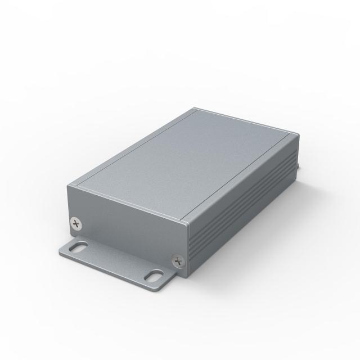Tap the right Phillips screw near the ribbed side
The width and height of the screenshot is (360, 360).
coord(179,260)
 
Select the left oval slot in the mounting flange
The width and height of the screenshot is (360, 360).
coord(80,246)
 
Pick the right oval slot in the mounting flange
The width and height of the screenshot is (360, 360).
coord(154,276)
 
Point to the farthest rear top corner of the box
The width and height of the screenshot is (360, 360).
coord(193,109)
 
